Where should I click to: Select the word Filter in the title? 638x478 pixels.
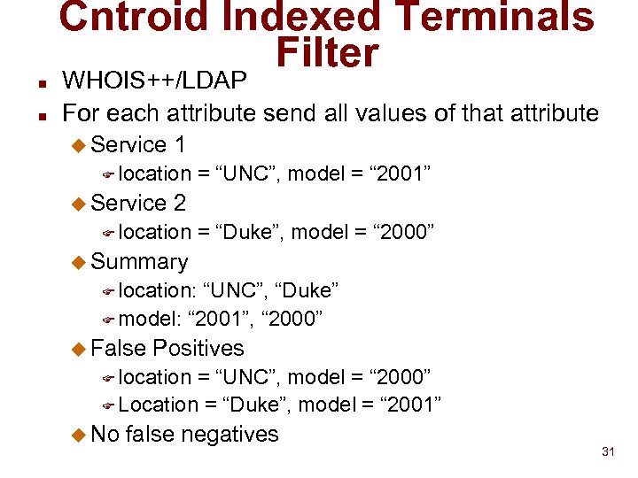click(x=327, y=54)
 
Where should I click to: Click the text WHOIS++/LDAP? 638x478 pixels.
click(x=155, y=81)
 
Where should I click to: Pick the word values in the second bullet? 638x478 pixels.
click(x=427, y=112)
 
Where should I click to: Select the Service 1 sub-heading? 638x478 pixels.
click(x=138, y=144)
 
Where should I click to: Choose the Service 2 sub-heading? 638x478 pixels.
click(x=138, y=203)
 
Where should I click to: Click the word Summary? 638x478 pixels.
click(x=139, y=261)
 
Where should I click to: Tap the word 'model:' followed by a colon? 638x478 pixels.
click(x=147, y=319)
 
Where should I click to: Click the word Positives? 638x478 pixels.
click(x=198, y=348)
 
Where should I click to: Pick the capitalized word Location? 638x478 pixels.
click(x=159, y=405)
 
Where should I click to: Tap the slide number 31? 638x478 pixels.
click(x=608, y=452)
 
